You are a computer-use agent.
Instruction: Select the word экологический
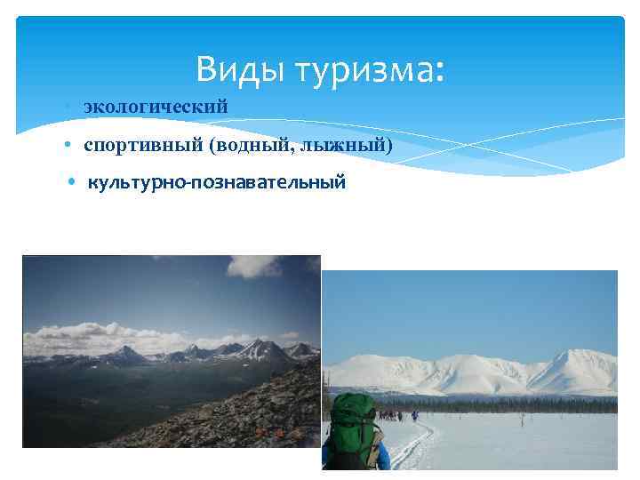point(156,107)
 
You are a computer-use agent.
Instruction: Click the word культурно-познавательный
point(215,183)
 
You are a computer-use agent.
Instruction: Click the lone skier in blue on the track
point(414,415)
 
